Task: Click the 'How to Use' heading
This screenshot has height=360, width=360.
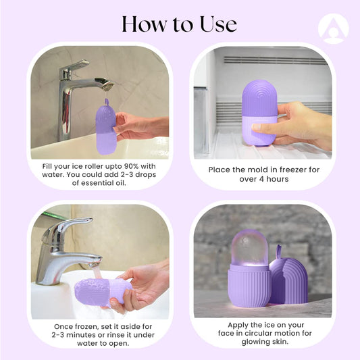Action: coord(179,24)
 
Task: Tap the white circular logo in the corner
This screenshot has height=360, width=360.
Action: coord(334,28)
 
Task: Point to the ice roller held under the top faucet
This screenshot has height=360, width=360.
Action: coord(106,128)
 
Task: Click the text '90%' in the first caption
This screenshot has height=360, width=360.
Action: coord(131,166)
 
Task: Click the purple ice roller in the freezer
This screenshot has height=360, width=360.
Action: coord(259,113)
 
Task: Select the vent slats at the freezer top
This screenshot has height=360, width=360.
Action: coord(276,60)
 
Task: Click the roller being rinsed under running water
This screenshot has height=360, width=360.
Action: coord(103,292)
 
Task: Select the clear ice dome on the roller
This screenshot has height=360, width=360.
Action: coord(249,247)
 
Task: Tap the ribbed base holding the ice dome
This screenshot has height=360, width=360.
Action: coord(249,286)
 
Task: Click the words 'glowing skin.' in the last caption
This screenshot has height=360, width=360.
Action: coord(265,342)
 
